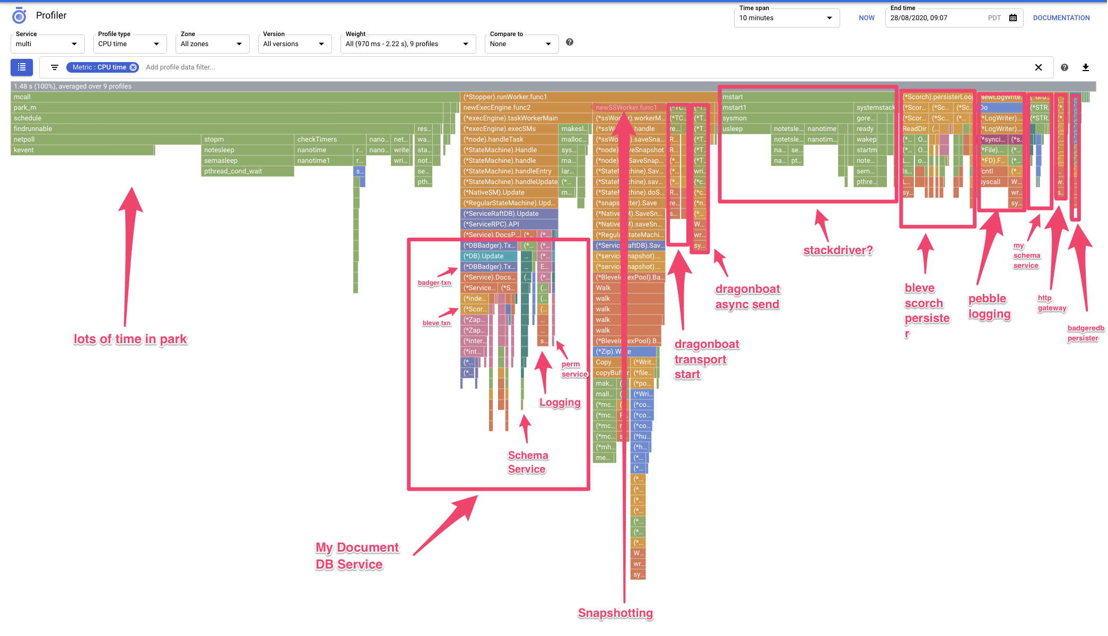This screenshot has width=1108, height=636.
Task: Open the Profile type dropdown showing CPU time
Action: click(x=129, y=44)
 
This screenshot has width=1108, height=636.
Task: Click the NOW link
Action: click(x=867, y=18)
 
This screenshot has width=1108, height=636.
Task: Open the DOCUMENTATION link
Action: click(x=1061, y=18)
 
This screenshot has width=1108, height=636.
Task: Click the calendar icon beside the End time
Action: click(x=1013, y=18)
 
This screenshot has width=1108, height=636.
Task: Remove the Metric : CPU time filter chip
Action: click(x=133, y=67)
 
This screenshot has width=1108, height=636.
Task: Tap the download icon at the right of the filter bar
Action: click(x=1086, y=67)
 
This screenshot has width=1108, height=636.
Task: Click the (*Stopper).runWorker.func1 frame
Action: click(x=525, y=97)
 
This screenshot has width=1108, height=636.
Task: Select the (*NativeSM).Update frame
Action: click(x=509, y=193)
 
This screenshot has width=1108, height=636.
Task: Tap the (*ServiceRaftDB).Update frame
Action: click(x=509, y=214)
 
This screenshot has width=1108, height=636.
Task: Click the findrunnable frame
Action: click(x=212, y=129)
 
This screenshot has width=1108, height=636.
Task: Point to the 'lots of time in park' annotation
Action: click(x=130, y=339)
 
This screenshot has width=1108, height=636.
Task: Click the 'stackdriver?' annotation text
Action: click(x=838, y=250)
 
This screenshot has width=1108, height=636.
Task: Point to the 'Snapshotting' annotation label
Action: click(x=615, y=613)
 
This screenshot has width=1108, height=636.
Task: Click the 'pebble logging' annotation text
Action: click(x=989, y=307)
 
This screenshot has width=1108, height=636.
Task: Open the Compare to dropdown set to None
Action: click(x=521, y=44)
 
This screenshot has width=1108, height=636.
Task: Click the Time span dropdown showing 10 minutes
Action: click(x=786, y=18)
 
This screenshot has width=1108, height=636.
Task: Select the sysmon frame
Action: click(x=785, y=118)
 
